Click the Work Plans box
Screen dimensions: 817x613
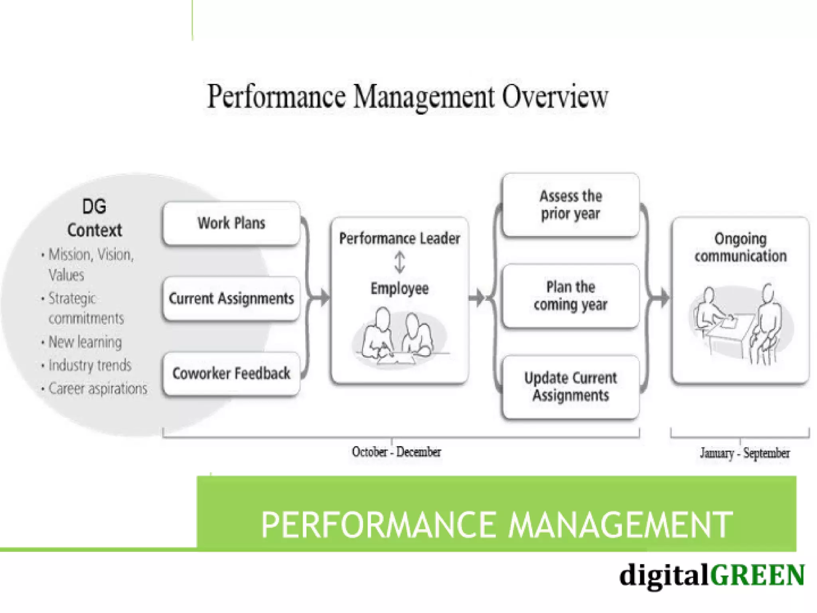(231, 223)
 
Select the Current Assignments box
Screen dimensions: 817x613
(231, 299)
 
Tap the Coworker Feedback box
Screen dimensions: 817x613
(231, 374)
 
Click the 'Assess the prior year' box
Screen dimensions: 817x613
(570, 205)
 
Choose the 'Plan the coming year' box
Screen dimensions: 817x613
(570, 296)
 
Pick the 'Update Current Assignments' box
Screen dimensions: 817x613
(570, 386)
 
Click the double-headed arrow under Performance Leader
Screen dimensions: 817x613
(399, 262)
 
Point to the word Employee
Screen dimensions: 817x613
(399, 288)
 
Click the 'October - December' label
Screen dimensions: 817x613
(396, 452)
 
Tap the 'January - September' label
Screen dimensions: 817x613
(744, 453)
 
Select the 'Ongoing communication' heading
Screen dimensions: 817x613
(740, 247)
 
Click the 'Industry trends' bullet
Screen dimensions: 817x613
(90, 365)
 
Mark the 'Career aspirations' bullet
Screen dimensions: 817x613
(98, 388)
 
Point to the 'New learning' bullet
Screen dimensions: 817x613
(85, 342)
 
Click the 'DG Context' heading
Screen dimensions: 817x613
(95, 218)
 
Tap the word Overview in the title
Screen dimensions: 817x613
(555, 97)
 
